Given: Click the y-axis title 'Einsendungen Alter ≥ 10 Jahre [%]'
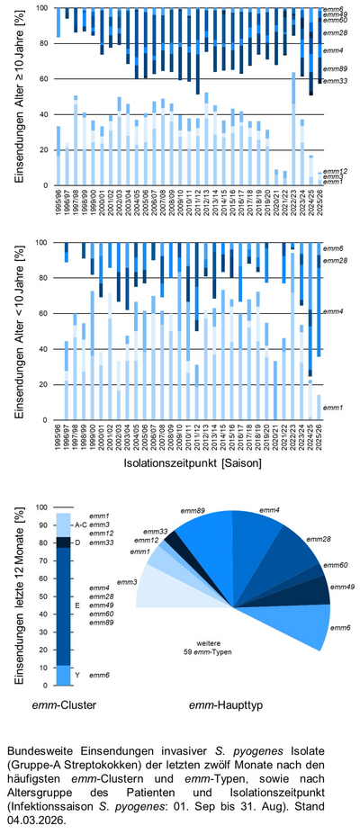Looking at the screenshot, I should [x=19, y=95].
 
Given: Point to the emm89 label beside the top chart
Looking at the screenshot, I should [x=335, y=68].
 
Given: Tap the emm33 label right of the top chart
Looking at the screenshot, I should [x=335, y=81].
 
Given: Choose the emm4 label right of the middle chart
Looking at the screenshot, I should [x=335, y=311].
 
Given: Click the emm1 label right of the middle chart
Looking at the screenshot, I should [x=334, y=408].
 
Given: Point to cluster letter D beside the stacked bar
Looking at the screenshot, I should [x=77, y=542].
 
